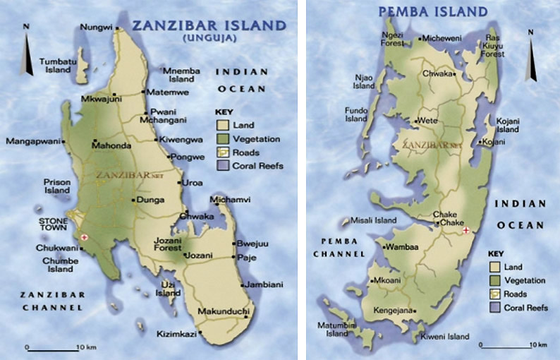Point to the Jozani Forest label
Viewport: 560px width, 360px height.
point(167,244)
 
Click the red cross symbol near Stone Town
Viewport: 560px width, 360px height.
point(85,237)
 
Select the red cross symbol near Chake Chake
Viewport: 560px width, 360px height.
point(465,230)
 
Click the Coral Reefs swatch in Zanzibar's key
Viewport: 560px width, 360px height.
point(221,166)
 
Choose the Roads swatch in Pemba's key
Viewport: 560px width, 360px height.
point(494,294)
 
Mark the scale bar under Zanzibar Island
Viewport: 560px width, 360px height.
point(52,348)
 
